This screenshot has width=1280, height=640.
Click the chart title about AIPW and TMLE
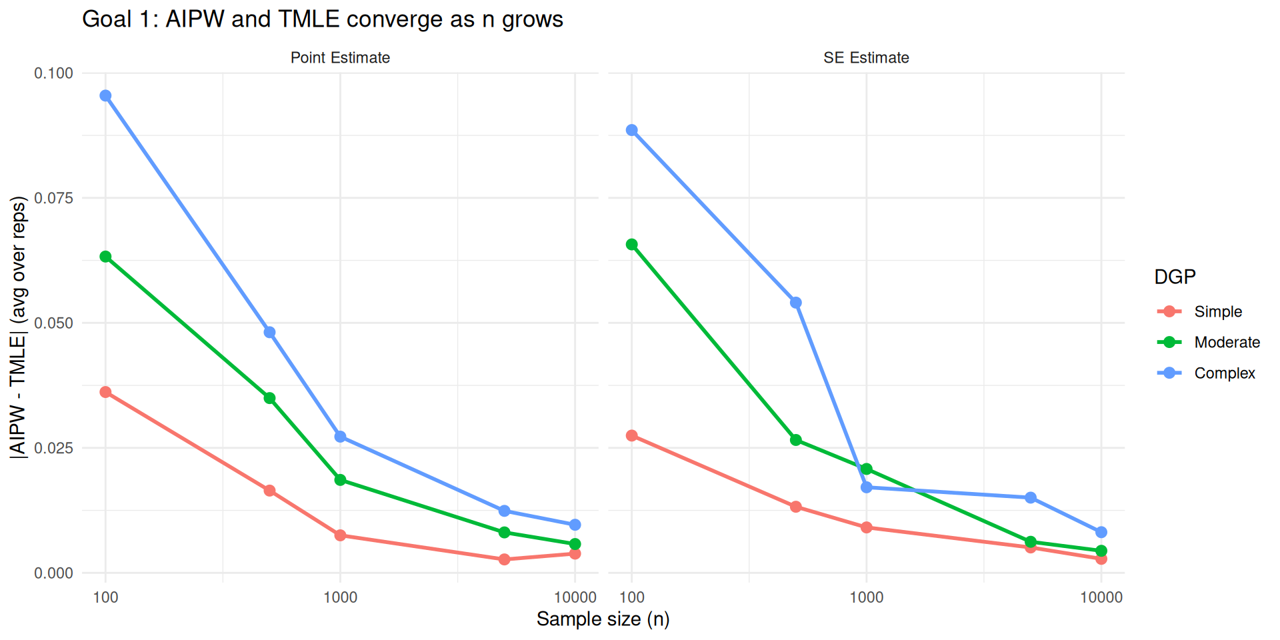322,19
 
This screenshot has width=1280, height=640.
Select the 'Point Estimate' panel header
340,58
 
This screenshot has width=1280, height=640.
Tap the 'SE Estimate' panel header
866,58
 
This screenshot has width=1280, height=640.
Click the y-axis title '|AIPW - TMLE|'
18,327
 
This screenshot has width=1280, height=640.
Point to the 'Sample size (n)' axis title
603,619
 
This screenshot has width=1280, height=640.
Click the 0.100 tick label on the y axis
53,73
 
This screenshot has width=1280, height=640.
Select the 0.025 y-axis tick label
53,448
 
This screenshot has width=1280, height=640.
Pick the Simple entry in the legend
1217,311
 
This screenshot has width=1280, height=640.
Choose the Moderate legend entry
1227,342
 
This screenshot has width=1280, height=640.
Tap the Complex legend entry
1224,373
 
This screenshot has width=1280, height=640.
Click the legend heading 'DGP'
1175,277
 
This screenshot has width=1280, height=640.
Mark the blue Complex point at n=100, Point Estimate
105,96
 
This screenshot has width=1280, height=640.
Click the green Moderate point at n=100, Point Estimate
105,257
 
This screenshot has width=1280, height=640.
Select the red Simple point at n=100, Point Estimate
105,392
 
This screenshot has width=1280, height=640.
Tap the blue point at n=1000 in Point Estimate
340,437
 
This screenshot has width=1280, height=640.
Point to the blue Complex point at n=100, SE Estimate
631,130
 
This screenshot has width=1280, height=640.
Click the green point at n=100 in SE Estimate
631,245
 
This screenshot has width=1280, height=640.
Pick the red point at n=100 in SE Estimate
631,436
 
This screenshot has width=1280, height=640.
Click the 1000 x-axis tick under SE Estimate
866,597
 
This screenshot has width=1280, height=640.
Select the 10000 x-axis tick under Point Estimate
575,597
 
